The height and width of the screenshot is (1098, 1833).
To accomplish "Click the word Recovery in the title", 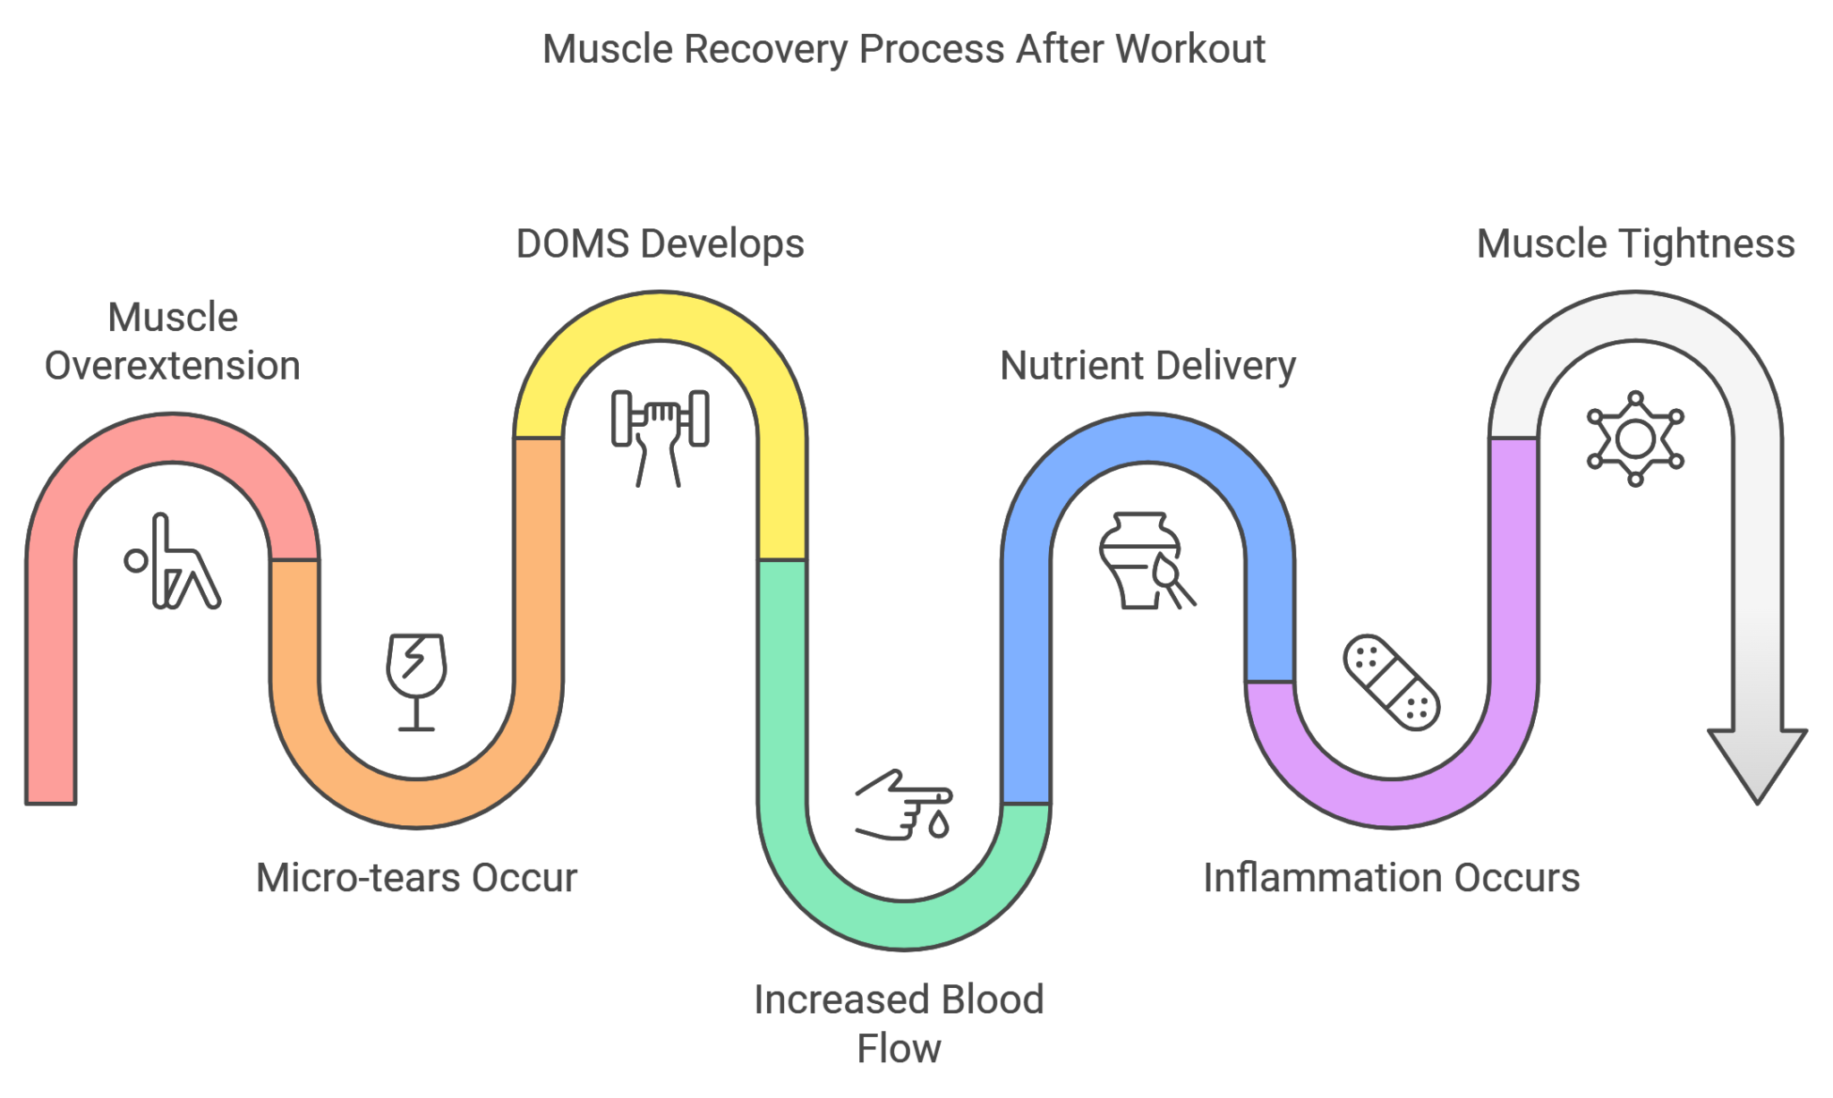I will click(x=764, y=49).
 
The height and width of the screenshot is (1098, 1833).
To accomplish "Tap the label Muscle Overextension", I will click(x=173, y=342).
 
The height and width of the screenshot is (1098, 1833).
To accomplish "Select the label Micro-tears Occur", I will click(x=417, y=878).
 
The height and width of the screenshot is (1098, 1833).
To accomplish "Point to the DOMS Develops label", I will click(x=660, y=243).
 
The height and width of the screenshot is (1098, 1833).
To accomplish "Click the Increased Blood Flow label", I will click(x=899, y=1024).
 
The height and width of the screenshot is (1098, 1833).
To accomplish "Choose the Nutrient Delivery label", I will click(x=1147, y=365).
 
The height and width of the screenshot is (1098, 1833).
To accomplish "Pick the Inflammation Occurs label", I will click(x=1392, y=878).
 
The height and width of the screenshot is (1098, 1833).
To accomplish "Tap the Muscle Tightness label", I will click(x=1635, y=243).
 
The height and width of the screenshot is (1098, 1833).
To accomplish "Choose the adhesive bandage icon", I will click(x=1392, y=682).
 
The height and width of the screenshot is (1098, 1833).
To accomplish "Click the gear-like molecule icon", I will click(x=1635, y=438).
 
